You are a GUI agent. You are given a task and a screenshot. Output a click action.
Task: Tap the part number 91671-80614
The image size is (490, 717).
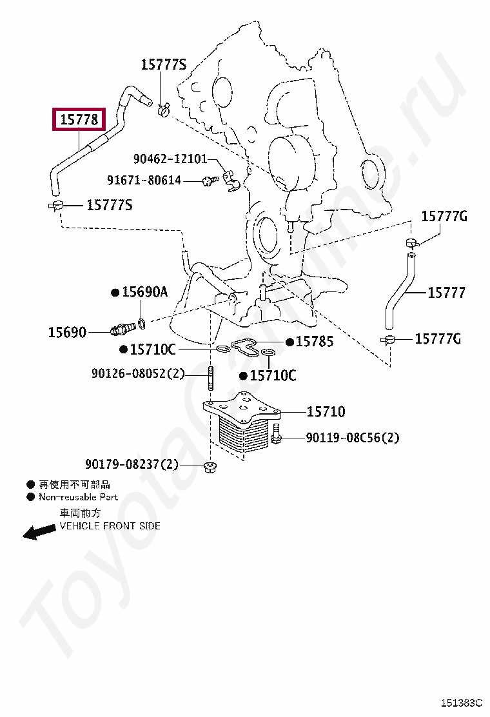tap(144, 181)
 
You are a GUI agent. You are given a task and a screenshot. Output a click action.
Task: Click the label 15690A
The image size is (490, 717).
tap(144, 292)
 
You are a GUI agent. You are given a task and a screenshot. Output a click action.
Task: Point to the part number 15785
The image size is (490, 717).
tap(315, 342)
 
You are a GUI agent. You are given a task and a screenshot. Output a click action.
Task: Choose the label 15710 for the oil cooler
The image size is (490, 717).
tap(326, 411)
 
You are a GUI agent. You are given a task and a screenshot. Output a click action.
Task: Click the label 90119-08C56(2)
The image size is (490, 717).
tap(352, 438)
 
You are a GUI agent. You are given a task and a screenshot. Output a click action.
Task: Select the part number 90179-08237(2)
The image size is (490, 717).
tap(132, 464)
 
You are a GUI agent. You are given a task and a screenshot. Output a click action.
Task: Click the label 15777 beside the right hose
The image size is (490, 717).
tap(446, 293)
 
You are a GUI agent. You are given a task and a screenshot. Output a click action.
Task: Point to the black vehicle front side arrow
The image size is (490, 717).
tap(39, 531)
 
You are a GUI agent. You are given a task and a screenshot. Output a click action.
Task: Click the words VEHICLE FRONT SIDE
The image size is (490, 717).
tap(110, 526)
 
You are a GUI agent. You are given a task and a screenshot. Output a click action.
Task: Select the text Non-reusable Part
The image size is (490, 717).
tap(78, 497)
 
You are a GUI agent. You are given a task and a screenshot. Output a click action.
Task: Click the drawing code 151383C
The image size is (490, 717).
tap(461, 703)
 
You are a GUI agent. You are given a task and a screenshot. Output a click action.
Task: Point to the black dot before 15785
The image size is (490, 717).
tap(290, 342)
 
